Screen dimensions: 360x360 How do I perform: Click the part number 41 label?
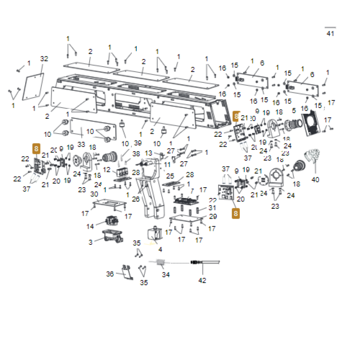point(331,33)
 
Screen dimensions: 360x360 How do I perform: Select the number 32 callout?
point(44,59)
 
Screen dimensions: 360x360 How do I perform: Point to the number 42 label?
point(202,280)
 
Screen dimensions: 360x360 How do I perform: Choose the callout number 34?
point(166,274)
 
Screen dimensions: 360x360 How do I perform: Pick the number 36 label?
point(110,274)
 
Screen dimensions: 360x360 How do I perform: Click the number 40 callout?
point(315,180)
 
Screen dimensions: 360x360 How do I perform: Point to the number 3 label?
point(90,242)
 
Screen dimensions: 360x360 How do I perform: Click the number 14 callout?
point(90,226)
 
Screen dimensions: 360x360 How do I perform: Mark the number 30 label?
point(94,194)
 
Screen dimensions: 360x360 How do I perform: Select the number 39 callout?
point(138,143)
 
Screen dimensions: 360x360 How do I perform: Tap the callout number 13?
point(148,153)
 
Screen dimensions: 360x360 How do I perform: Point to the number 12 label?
point(107,170)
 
